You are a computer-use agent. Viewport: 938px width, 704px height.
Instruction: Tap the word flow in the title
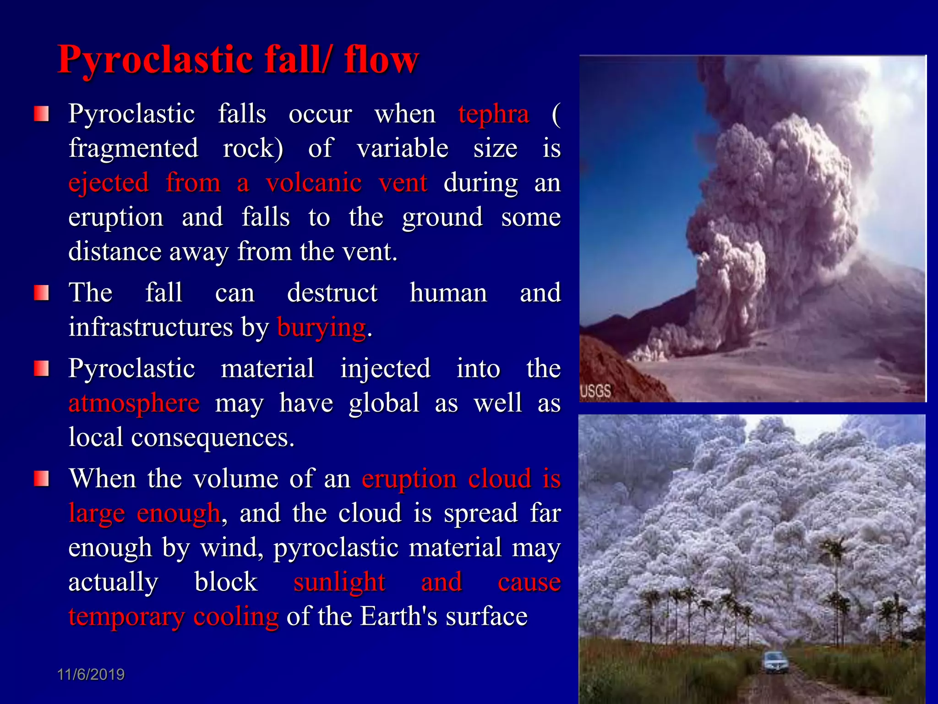[382, 60]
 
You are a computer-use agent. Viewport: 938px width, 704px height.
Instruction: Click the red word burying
[322, 327]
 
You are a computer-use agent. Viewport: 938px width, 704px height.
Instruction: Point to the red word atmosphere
[134, 403]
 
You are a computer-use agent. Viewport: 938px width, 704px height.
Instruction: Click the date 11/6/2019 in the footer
[91, 674]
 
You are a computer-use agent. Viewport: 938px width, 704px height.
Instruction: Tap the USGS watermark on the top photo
[595, 391]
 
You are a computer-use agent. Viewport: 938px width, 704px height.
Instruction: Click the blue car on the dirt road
[775, 662]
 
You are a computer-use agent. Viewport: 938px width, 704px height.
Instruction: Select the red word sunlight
[339, 582]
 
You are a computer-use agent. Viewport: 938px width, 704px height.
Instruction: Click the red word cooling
[236, 616]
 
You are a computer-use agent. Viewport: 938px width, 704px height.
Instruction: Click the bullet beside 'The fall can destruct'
[41, 292]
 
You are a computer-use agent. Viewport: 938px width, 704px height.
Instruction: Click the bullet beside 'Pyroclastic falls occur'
[41, 114]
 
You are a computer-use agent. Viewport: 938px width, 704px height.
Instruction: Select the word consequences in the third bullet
[213, 438]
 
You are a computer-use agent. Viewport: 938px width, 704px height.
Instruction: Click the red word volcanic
[314, 183]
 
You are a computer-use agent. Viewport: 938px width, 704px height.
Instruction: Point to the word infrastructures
[151, 327]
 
